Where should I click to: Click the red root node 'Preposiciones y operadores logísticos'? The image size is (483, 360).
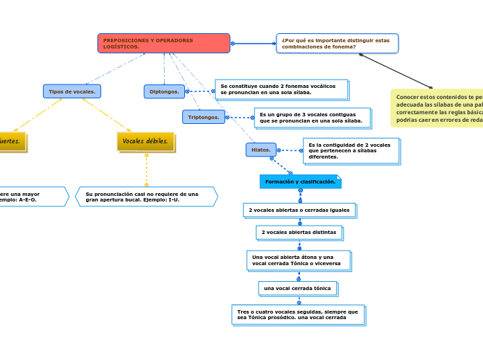click(164, 43)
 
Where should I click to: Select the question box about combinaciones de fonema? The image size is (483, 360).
click(337, 43)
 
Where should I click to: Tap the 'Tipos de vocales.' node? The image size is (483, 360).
click(72, 91)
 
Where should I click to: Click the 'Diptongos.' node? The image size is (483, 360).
click(164, 91)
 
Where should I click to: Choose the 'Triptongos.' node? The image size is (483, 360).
click(204, 117)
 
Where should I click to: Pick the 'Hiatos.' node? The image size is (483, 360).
click(261, 150)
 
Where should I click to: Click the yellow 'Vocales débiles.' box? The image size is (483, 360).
click(146, 141)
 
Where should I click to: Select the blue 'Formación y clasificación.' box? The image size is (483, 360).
click(300, 181)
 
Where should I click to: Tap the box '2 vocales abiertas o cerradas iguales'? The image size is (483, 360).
click(299, 210)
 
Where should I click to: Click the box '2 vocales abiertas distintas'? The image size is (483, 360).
click(299, 233)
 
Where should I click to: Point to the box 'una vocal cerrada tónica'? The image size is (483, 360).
click(297, 288)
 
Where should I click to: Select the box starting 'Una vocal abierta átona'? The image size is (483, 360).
click(298, 260)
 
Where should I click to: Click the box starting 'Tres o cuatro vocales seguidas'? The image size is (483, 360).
click(297, 315)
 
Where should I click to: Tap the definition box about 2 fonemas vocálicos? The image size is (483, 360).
click(281, 89)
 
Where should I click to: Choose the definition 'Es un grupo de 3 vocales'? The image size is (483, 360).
click(312, 118)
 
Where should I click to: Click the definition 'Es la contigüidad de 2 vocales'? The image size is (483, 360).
click(350, 151)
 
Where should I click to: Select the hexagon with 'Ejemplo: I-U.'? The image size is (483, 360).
click(146, 197)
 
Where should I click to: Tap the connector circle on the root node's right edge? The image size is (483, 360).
click(233, 44)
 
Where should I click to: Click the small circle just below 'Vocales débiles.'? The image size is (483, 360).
click(146, 155)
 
